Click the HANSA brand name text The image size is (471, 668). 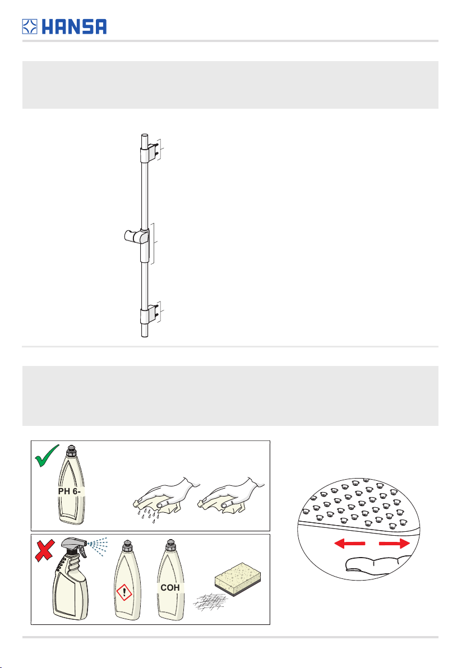[x=74, y=26]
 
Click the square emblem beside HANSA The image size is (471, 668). [x=30, y=26]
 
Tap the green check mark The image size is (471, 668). [x=47, y=456]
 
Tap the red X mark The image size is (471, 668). [x=44, y=550]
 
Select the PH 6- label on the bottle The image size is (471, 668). [x=69, y=491]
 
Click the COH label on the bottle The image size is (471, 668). [x=170, y=587]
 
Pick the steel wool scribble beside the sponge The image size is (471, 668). [x=211, y=602]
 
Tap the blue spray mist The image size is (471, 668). [x=98, y=546]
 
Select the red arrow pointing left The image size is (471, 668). [x=349, y=543]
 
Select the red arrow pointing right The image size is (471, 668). [x=394, y=543]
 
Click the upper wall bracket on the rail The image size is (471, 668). [x=149, y=151]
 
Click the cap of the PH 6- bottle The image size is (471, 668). [x=72, y=451]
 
